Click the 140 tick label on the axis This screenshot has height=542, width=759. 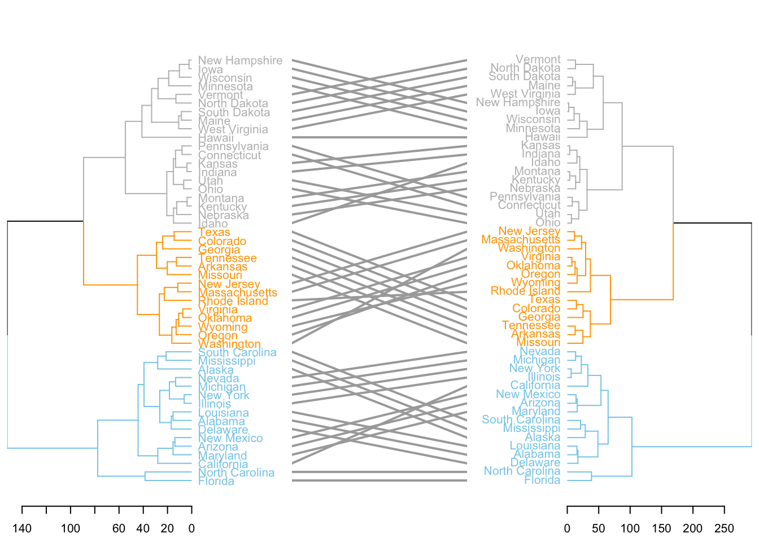coord(22,529)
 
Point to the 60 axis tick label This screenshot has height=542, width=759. coord(119,529)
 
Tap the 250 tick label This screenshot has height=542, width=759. coord(724,529)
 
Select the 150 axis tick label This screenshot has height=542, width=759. coord(661,529)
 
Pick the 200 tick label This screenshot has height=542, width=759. coord(693,529)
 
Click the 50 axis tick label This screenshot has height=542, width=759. coord(598,529)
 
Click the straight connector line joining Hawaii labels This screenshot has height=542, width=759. coord(379,137)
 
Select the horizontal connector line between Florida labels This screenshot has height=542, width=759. coord(379,480)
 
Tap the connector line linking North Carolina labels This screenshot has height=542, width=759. coord(379,472)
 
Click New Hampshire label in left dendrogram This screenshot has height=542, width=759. coord(240,60)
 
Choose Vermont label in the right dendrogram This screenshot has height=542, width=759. coord(538,59)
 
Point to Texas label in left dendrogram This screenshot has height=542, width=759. coord(214,232)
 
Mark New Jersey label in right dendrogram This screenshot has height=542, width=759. coord(529,231)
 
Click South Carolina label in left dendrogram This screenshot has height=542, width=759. coord(237,352)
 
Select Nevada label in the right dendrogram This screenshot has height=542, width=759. coord(540,351)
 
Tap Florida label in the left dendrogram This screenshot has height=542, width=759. coord(216,481)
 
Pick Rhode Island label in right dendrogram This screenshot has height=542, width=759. coord(525,291)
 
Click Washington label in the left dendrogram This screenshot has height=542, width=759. coord(229,344)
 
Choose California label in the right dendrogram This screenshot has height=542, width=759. coord(535,386)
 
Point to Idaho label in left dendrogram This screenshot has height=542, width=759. coord(213,224)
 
